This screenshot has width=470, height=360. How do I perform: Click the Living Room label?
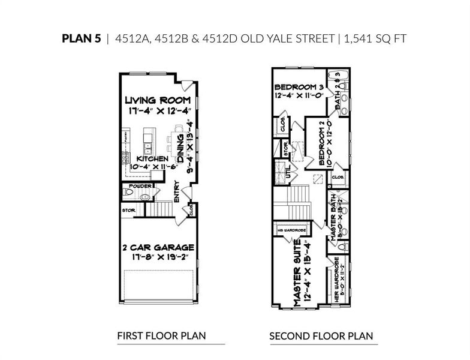coord(158,100)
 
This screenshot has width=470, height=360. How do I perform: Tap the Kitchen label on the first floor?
coord(138,158)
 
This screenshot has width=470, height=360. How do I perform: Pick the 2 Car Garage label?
coord(158,247)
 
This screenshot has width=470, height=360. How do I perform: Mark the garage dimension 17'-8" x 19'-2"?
coord(158,257)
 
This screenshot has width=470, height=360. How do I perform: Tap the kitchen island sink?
coord(147,145)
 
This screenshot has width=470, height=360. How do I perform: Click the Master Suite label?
coord(297,278)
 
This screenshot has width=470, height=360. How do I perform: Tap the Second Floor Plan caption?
coord(321,335)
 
